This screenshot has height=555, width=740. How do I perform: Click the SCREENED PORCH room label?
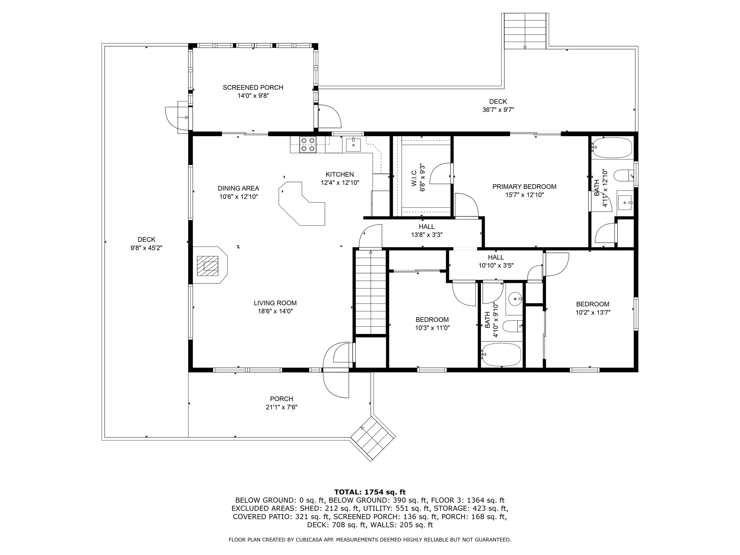point(253,87)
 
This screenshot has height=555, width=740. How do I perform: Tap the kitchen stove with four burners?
point(308,145)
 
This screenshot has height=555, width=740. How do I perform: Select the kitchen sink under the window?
point(353,145)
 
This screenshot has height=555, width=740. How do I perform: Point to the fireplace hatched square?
point(208,266)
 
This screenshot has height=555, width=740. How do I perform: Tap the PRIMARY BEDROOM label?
point(524,187)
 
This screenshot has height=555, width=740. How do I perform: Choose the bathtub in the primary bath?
point(612,147)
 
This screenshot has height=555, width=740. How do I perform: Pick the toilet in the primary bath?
point(624,176)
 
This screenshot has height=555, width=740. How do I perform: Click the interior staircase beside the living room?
point(371,292)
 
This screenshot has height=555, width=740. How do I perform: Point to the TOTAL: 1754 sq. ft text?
point(370,492)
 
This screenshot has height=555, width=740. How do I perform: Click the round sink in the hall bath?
point(515,299)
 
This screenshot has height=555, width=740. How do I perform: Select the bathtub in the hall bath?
point(502,354)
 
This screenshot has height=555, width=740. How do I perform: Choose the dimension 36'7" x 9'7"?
point(498,110)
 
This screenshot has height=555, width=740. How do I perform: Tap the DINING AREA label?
point(238,188)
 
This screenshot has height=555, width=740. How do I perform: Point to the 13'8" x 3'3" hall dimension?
point(427,235)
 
